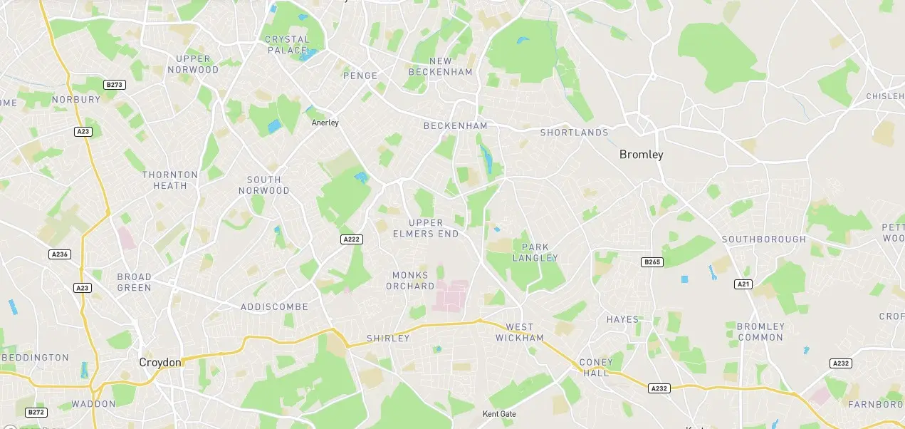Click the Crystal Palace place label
point(287,45)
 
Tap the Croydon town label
point(160,363)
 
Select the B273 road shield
point(114,85)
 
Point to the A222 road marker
point(351,239)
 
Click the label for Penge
point(360,76)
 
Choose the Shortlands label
point(574,133)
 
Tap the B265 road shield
point(652,262)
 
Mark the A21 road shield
point(743,284)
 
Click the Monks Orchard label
point(410,281)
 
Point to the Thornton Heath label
point(170,180)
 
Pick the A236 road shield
point(60,254)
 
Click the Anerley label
point(325,123)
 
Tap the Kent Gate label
point(499,414)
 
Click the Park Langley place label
point(535,252)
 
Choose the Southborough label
point(764,239)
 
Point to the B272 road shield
point(36,413)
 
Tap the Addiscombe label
point(274,307)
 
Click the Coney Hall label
point(596,368)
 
